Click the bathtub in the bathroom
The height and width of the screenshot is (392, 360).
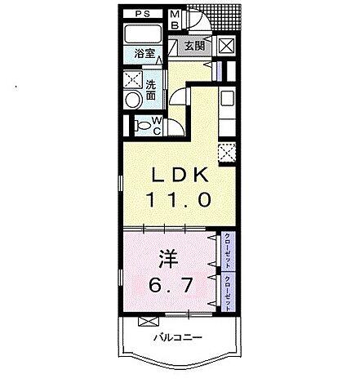[x=143, y=35]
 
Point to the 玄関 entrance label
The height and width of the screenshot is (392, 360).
[x=193, y=45]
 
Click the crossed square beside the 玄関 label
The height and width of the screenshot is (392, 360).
[x=226, y=45]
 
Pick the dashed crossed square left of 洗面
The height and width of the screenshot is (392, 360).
[x=132, y=80]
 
